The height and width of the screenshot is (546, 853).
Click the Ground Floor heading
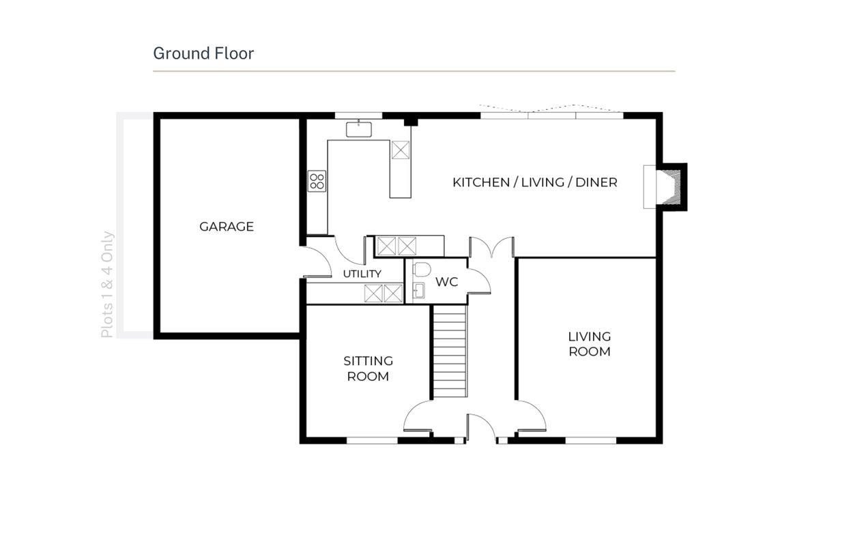click(203, 54)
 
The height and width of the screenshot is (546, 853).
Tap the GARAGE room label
click(227, 227)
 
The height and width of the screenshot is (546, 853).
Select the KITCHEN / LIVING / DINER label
click(535, 182)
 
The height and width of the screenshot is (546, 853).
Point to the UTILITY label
click(362, 274)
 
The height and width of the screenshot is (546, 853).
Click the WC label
click(447, 282)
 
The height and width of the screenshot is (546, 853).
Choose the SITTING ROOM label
click(368, 369)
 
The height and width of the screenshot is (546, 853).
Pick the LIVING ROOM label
click(590, 344)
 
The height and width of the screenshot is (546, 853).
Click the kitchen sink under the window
click(359, 129)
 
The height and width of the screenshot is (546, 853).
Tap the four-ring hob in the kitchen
click(317, 182)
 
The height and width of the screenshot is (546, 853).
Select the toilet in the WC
click(422, 269)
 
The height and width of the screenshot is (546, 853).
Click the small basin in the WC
click(418, 291)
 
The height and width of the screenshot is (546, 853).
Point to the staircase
click(450, 351)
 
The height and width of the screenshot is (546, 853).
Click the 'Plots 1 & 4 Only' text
click(107, 285)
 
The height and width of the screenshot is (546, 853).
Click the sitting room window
click(372, 440)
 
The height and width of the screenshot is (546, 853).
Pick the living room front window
click(591, 440)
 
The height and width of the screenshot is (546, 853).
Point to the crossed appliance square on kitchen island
click(401, 150)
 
